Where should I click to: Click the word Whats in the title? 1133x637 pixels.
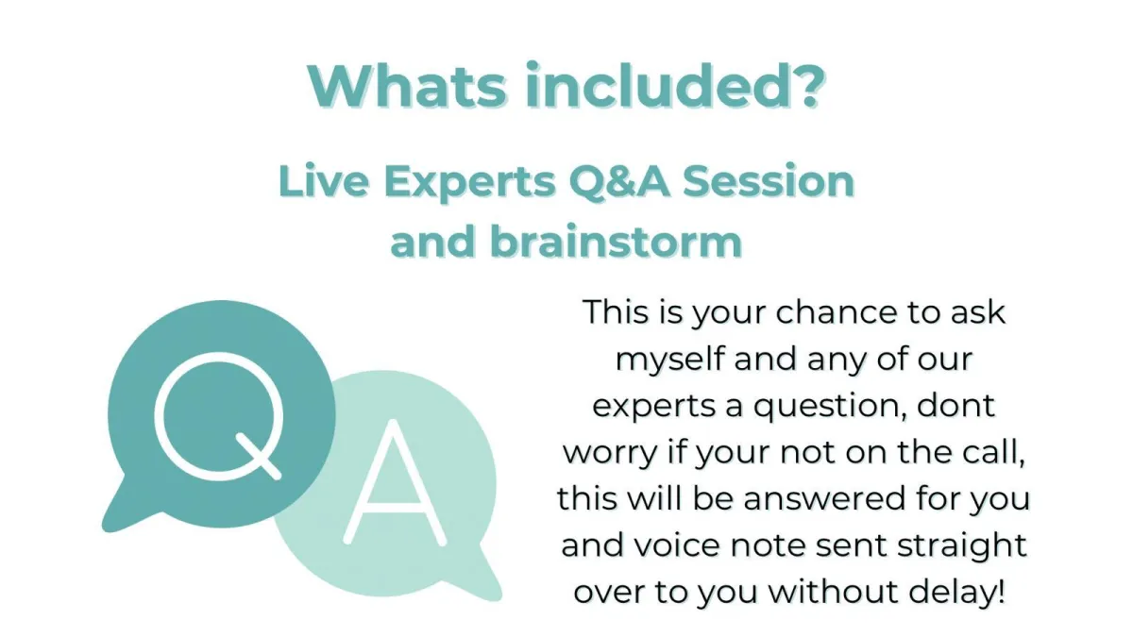point(407,86)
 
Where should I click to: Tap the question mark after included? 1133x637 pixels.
point(807,86)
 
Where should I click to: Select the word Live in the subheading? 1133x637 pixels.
point(324,181)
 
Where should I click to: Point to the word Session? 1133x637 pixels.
point(769,181)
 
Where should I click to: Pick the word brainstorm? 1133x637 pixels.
point(616,242)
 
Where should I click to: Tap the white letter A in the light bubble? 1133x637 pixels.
point(395,483)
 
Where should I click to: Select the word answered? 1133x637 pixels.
point(824,498)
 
